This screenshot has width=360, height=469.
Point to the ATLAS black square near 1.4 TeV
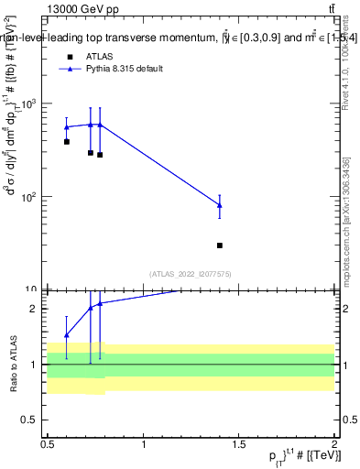point(220,245)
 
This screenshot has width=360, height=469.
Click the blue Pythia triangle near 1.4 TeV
point(220,205)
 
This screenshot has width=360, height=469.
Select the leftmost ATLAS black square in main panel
point(67,142)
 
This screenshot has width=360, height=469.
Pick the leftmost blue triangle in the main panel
point(67,127)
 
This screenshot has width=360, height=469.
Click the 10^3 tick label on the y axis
point(32,104)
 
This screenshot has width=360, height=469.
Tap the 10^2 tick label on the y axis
point(32,197)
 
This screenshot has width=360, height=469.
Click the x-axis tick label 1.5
point(239,445)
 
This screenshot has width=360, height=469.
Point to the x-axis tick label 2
point(334,445)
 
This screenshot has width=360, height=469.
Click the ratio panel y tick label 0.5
point(35,419)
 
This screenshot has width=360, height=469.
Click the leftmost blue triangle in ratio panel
point(67,334)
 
